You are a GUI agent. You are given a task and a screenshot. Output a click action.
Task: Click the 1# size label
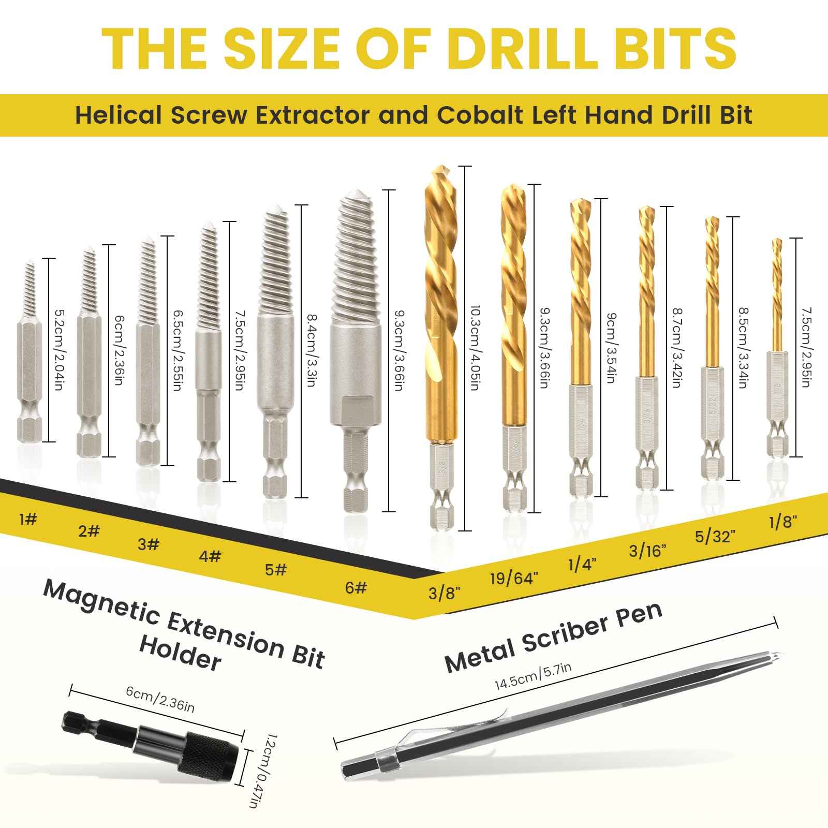pyautogui.click(x=28, y=519)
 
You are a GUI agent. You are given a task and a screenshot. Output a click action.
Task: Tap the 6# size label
pyautogui.click(x=356, y=587)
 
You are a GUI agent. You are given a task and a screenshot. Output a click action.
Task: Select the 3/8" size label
pyautogui.click(x=444, y=593)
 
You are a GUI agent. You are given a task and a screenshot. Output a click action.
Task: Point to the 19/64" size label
pyautogui.click(x=514, y=578)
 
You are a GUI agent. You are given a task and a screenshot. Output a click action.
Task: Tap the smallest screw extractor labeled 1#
pyautogui.click(x=29, y=352)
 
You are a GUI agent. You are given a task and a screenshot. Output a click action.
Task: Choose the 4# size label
pyautogui.click(x=210, y=556)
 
